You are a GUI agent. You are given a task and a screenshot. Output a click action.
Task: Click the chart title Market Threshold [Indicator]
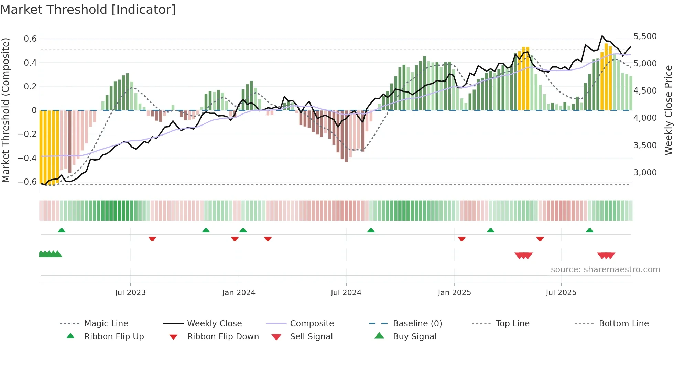coord(88,10)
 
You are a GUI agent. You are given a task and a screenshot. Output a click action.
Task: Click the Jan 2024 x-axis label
coord(239,292)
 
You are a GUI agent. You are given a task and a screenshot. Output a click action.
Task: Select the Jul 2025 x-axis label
coord(561,292)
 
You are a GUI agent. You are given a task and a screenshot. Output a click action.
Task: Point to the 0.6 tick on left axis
coord(30,39)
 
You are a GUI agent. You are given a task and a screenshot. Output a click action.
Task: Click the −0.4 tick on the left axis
coord(27,158)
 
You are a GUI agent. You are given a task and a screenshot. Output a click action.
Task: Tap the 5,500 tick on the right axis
coord(645,36)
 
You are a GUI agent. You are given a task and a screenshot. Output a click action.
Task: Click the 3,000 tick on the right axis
coord(645,172)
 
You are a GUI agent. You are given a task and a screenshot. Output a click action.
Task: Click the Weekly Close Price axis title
coord(668,110)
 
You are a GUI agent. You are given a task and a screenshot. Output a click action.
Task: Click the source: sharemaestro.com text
coord(605,269)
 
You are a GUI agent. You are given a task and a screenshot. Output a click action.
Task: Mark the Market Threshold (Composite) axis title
coord(6,110)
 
